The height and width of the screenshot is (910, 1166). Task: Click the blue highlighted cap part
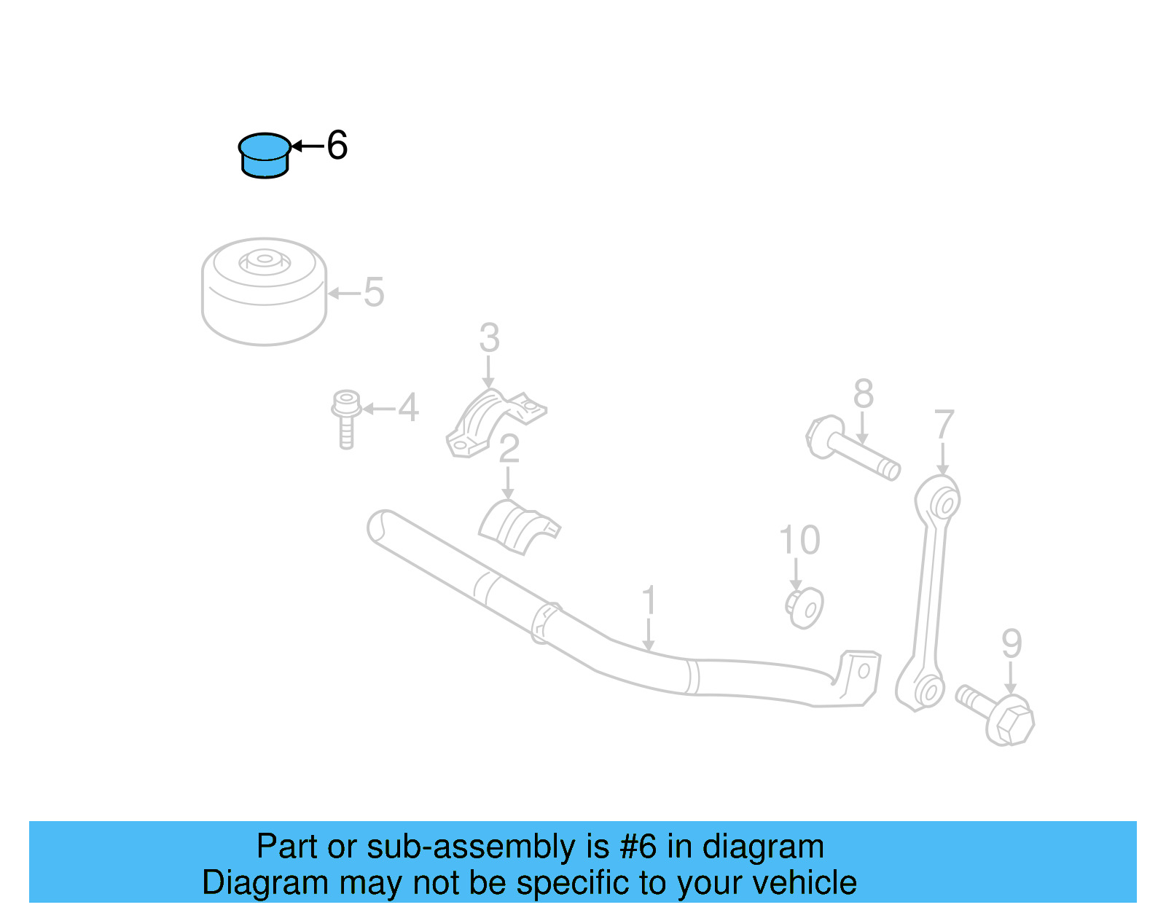pos(264,156)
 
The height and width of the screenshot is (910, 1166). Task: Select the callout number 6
pos(337,146)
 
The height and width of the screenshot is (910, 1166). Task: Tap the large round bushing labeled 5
pos(264,291)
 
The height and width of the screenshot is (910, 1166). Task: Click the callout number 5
pos(373,293)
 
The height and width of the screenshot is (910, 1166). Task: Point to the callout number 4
pos(408,408)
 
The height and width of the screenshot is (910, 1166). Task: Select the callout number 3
pos(490,339)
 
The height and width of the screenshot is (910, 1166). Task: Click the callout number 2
pos(509,450)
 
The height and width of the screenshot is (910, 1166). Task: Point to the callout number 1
pos(649,602)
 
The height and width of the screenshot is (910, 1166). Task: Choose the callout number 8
pos(863,395)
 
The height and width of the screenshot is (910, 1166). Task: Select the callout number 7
pos(944,425)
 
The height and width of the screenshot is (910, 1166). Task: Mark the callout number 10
pos(799,541)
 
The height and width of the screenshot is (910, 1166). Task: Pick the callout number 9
pos(1012,644)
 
